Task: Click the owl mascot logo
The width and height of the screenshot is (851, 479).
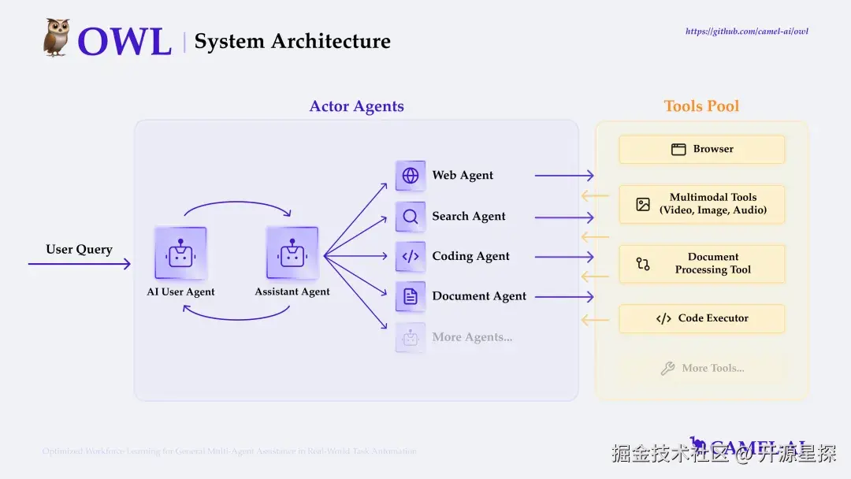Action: tap(56, 38)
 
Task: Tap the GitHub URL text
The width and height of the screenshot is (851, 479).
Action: tap(747, 32)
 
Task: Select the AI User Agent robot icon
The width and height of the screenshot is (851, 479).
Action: tap(180, 253)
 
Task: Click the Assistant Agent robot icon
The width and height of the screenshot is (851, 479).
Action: tap(292, 253)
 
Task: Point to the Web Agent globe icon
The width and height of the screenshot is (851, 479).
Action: tap(411, 176)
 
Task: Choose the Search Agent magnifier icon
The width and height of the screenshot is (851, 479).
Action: tap(411, 217)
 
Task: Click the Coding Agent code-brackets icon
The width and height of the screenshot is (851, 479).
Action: tap(411, 256)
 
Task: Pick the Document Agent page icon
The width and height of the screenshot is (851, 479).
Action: tap(411, 297)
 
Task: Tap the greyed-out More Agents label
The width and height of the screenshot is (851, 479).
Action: tap(472, 337)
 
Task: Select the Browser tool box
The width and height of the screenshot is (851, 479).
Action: tap(701, 149)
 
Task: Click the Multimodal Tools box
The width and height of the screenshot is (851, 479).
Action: tap(701, 204)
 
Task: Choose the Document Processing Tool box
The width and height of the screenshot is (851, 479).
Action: tap(701, 264)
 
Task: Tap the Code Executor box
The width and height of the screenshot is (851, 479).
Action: tap(701, 318)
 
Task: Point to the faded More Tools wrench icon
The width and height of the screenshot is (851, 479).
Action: tap(667, 368)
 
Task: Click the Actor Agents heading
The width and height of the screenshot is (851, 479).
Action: tap(356, 106)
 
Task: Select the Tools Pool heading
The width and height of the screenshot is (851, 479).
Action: tap(701, 106)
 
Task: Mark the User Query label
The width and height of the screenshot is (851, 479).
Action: tap(79, 249)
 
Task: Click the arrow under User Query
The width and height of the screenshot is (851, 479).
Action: tap(79, 264)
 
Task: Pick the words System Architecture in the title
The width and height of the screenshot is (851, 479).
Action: tap(292, 42)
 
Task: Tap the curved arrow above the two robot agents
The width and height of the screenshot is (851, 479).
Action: tap(236, 204)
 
